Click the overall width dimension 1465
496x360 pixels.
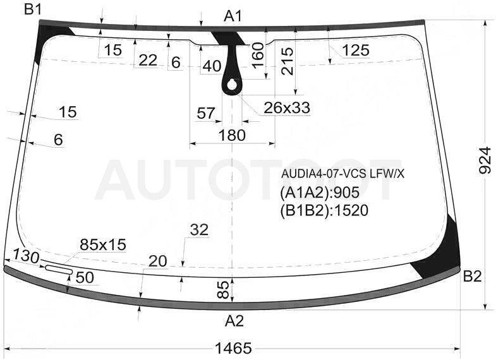pos(233,348)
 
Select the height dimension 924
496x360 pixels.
pos(485,160)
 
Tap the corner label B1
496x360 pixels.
pos(33,9)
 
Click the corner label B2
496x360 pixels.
pos(472,277)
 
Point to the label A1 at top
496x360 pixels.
pos(233,16)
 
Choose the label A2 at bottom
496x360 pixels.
pos(234,321)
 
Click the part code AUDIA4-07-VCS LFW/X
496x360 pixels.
pos(343,174)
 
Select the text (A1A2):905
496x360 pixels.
pos(320,193)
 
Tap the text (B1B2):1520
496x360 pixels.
pos(324,210)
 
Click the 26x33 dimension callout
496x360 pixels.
pos(287,108)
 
